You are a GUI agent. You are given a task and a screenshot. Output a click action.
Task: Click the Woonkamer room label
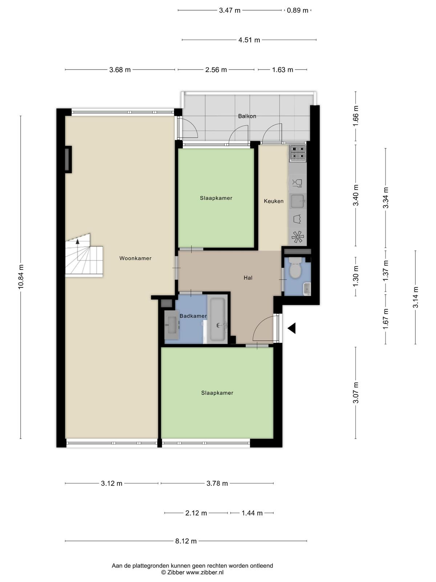click(135, 258)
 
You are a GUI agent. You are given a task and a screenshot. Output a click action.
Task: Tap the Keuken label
click(274, 201)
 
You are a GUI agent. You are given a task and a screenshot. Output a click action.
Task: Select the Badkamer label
click(193, 316)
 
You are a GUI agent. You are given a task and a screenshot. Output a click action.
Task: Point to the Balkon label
click(247, 116)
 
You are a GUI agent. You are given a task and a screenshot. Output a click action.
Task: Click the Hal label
click(248, 278)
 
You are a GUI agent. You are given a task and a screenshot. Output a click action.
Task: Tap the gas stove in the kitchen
click(298, 153)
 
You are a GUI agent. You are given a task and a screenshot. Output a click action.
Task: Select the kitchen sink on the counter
click(298, 201)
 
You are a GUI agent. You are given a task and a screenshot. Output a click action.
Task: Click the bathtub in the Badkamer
click(218, 319)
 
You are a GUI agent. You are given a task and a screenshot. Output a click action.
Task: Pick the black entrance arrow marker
click(292, 328)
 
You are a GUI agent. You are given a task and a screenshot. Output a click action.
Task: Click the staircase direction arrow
click(77, 241)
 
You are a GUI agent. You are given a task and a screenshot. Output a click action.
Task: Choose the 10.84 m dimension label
click(21, 277)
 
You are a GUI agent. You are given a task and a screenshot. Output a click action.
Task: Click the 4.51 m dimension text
click(249, 40)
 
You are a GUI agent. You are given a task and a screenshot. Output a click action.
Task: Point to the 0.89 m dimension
click(298, 10)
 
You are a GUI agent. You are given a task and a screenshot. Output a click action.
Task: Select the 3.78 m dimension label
click(217, 483)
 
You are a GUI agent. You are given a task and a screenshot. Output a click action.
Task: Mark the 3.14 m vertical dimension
click(416, 297)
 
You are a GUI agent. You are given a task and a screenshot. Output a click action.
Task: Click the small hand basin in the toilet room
click(307, 289)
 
